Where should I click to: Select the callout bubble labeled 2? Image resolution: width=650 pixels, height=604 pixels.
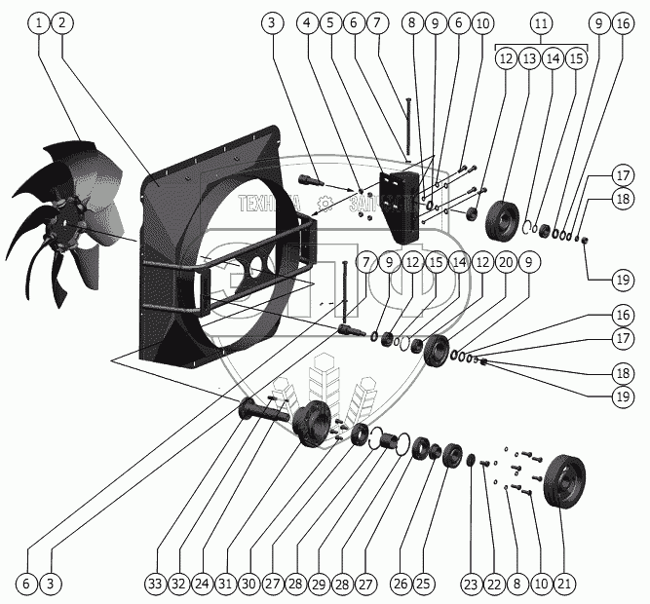click(61, 21)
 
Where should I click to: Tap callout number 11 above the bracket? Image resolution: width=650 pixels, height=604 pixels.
click(544, 21)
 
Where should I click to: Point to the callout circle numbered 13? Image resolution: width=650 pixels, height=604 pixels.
click(529, 58)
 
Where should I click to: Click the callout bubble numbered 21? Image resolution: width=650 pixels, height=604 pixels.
click(564, 584)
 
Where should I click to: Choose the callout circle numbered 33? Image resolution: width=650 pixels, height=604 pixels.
click(154, 584)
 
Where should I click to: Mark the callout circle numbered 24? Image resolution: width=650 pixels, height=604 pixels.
click(202, 584)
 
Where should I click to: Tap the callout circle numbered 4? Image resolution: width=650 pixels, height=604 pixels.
click(307, 21)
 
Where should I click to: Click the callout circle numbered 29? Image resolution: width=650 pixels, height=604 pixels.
click(319, 584)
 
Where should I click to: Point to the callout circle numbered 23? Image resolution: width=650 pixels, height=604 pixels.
click(472, 584)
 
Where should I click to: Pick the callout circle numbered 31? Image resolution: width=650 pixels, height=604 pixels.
click(225, 584)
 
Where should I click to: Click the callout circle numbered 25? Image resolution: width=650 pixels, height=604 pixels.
click(422, 584)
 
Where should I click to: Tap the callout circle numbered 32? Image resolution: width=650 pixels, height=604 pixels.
click(178, 584)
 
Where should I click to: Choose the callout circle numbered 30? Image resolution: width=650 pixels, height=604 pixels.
click(249, 584)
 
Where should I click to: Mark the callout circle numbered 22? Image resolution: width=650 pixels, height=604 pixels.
click(494, 584)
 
